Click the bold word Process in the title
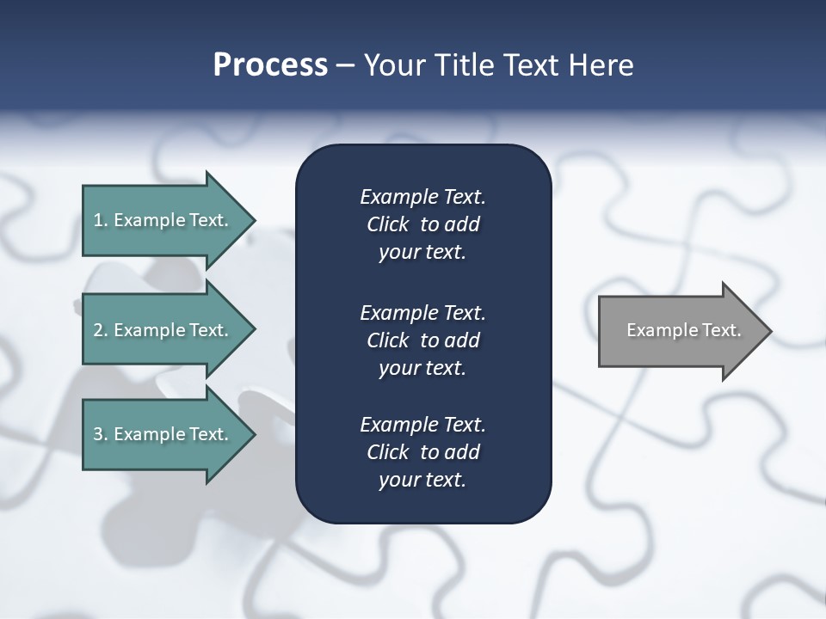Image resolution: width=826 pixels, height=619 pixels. point(270,65)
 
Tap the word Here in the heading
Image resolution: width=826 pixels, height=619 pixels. point(601,65)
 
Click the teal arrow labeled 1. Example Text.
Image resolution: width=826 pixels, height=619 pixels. point(163,220)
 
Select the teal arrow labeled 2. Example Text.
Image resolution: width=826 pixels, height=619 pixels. point(163,330)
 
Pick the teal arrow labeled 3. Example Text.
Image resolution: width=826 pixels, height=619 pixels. point(163,434)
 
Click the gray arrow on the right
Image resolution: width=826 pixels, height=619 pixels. point(680,330)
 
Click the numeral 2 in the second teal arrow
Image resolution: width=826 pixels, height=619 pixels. point(98,330)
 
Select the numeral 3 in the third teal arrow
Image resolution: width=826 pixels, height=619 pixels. point(98,434)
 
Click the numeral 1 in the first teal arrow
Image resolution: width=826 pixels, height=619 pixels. point(98,220)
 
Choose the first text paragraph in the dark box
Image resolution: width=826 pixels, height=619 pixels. point(422,224)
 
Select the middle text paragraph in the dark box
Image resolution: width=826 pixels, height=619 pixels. point(422,340)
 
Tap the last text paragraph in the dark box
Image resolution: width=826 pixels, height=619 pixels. point(422,452)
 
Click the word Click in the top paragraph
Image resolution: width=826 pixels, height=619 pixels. point(387,224)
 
